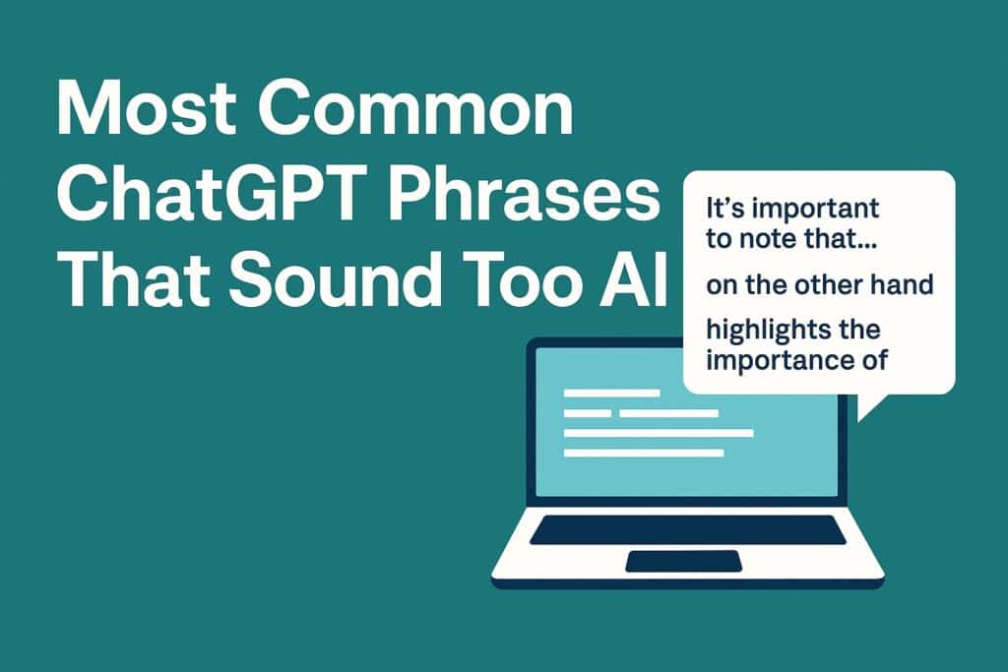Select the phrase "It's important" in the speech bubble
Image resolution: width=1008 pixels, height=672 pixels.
(792, 209)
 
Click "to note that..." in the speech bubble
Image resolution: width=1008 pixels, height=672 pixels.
(791, 239)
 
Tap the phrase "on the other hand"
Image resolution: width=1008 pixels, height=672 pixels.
(820, 284)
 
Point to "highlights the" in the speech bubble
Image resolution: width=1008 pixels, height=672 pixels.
(793, 331)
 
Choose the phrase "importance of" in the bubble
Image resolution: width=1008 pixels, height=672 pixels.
(796, 360)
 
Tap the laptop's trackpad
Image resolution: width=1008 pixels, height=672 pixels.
(684, 561)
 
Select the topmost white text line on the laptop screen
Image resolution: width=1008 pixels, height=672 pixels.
(612, 393)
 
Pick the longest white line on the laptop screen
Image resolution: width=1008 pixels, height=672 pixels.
(659, 433)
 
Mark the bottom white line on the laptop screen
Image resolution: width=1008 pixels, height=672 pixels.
(644, 453)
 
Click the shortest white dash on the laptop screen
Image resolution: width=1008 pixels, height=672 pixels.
(588, 413)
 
